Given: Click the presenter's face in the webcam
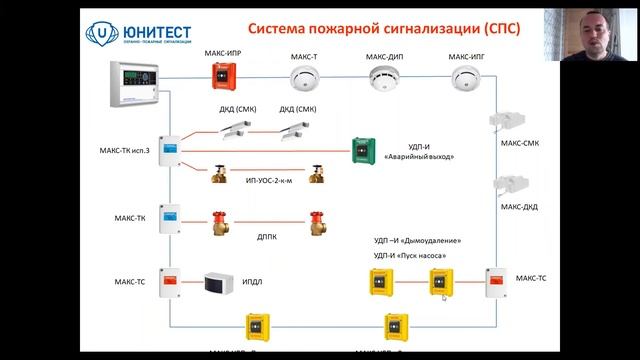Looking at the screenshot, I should point(599,36).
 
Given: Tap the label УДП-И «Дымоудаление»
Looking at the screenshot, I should point(417,241).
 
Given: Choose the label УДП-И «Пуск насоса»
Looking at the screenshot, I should point(410,257).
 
